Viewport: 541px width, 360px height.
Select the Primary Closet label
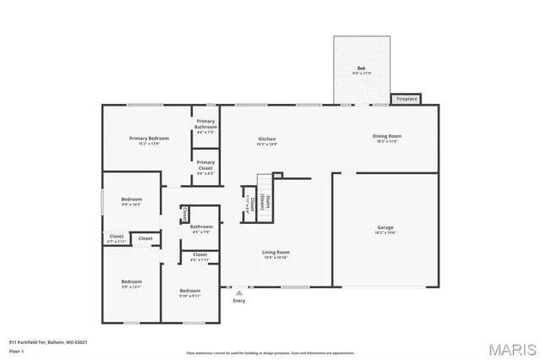coord(205,165)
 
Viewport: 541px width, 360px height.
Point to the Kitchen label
coord(267,141)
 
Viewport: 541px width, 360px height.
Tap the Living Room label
coord(276,254)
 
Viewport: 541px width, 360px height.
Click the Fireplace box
coord(407,100)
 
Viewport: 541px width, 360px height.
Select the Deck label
coord(360,69)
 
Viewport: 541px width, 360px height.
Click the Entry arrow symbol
coord(239,293)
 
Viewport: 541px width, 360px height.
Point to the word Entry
coord(239,301)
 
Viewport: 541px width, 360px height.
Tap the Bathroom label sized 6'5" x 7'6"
coord(201,229)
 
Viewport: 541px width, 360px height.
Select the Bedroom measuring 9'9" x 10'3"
coord(131,201)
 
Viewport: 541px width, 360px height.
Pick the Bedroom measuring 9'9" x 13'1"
coord(131,283)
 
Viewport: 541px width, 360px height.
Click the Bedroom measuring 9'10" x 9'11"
coord(189,292)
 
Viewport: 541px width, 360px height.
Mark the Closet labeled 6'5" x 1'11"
coord(200,257)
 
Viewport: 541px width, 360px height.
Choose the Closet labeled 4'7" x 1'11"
coord(116,239)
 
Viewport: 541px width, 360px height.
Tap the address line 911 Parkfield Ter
coord(48,342)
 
